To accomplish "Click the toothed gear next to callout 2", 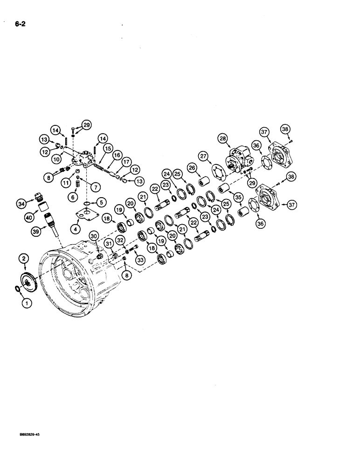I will [x=28, y=281].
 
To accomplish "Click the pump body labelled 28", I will [x=239, y=158].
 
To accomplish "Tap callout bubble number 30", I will [x=95, y=236].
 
